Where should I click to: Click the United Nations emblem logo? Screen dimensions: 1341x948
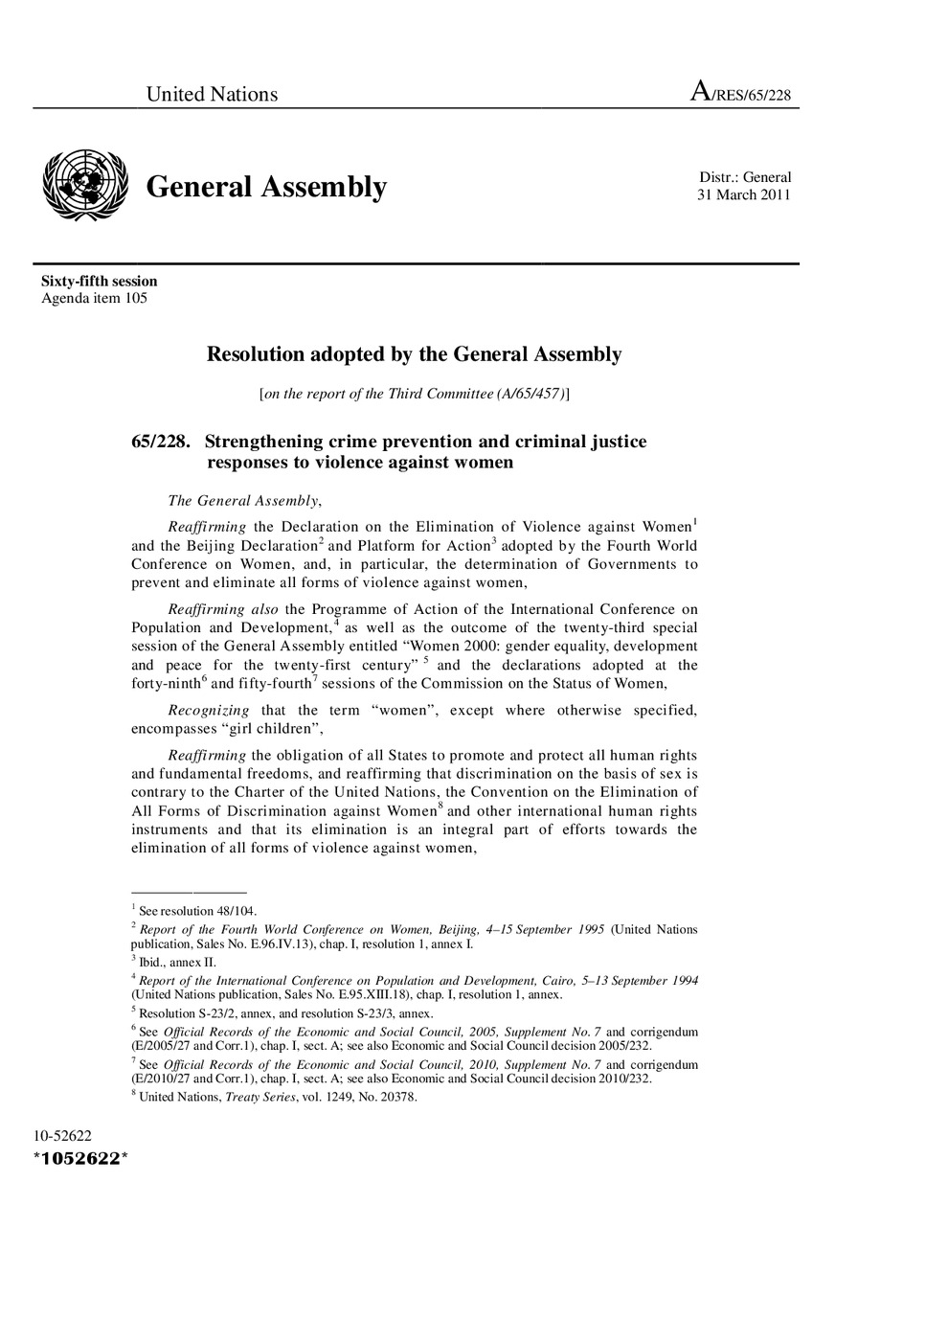tap(85, 186)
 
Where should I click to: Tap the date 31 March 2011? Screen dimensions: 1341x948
tap(744, 195)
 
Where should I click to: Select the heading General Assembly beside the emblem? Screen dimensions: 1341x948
tap(266, 187)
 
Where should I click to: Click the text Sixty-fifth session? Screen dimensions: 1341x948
tap(99, 282)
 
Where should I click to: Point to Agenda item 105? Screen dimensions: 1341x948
tap(94, 298)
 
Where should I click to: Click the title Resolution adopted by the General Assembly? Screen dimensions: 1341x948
tap(414, 354)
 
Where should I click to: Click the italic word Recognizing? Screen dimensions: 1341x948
tap(209, 710)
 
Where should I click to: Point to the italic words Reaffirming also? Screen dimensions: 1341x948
tap(223, 609)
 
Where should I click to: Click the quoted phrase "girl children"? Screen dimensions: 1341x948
tap(286, 728)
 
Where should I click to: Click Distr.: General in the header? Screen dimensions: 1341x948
tap(745, 177)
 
